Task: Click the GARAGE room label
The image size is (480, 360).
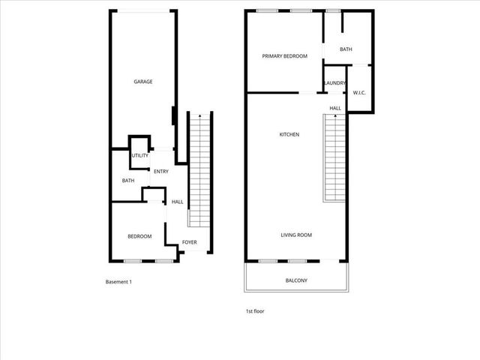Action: pos(142,82)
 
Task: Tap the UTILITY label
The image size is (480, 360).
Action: pos(140,156)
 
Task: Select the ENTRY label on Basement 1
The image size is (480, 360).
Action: pos(160,172)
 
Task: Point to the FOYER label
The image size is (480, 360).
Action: pos(190,242)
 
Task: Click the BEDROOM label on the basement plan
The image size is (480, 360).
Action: pos(139,237)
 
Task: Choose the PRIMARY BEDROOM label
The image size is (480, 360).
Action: pos(284,56)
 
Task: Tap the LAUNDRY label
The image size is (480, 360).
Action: pos(334,83)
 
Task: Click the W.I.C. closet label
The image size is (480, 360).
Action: pos(359,93)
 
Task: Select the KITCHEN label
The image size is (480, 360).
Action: pos(289,135)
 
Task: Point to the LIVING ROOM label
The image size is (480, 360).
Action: pos(296,235)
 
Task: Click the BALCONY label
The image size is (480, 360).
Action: pos(296,281)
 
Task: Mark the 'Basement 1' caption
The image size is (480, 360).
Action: pos(118,282)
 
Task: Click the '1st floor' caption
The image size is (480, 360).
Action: pos(254,311)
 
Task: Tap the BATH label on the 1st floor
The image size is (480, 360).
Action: pos(346,50)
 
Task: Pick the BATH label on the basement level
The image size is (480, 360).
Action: pos(128,181)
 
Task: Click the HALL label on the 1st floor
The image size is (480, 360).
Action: pos(335,108)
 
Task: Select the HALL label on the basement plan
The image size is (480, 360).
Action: pos(178,202)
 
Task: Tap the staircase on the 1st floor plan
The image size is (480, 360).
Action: pos(335,161)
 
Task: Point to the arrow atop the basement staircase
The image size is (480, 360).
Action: pos(199,116)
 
